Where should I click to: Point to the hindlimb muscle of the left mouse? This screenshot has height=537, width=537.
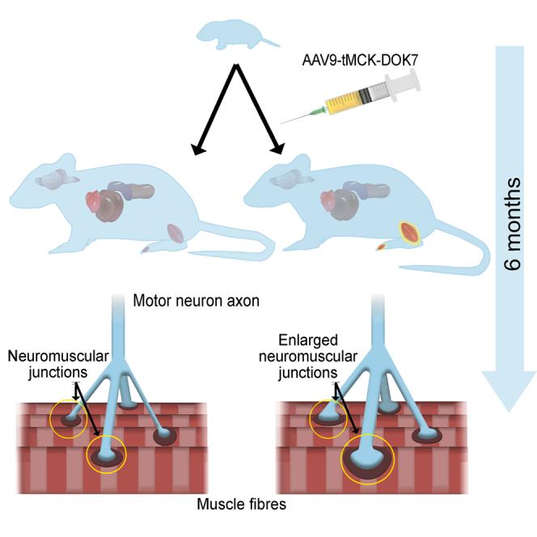click(x=176, y=235)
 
